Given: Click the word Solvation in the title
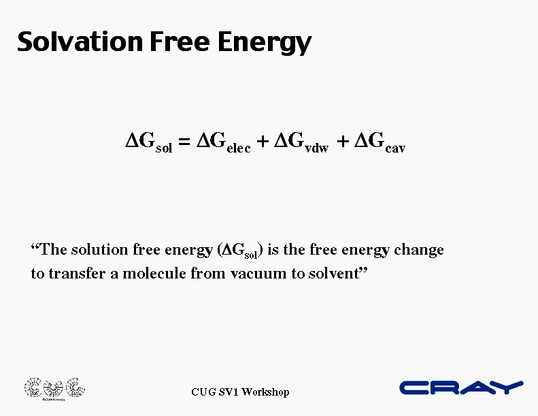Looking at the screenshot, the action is (80, 42).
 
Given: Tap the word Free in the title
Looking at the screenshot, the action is (180, 42).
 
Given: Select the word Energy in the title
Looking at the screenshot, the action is (265, 43).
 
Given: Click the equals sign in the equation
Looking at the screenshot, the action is (184, 141).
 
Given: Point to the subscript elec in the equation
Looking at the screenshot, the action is (239, 147).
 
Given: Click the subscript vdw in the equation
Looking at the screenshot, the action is (317, 147).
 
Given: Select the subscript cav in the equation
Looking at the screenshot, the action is (395, 148).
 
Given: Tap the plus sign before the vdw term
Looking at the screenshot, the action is (263, 141).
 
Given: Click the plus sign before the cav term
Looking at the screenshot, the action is (343, 141).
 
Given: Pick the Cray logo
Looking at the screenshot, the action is (461, 387).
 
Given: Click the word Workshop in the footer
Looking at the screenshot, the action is (265, 392).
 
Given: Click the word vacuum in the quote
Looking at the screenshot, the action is (259, 274).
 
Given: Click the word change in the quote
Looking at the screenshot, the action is (418, 251).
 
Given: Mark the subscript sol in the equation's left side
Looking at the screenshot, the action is (164, 148).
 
